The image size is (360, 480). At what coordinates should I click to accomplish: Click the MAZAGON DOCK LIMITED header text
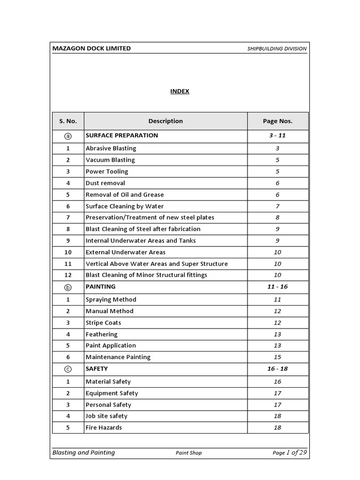click(x=91, y=48)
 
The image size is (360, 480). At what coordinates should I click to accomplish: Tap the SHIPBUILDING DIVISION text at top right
click(x=277, y=49)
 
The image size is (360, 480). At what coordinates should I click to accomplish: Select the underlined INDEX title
click(x=180, y=91)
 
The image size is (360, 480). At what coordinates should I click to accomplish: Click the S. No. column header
click(x=68, y=121)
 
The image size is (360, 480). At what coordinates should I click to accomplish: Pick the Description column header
click(x=165, y=121)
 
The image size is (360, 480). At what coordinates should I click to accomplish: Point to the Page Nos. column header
click(x=277, y=121)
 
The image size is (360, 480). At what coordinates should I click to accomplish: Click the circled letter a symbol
click(x=68, y=136)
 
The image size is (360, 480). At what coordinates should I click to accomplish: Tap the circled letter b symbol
click(x=68, y=287)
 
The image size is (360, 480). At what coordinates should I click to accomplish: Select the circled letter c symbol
click(x=68, y=369)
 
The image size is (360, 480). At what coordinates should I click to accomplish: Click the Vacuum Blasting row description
click(x=110, y=160)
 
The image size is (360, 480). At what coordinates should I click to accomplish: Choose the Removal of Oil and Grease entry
click(x=125, y=195)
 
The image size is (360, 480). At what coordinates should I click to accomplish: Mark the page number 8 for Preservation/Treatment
click(x=277, y=217)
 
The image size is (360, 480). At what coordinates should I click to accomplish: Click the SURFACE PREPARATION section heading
click(x=122, y=135)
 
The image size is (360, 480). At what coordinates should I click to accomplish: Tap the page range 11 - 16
click(x=277, y=286)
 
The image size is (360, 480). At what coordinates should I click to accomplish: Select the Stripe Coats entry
click(x=103, y=322)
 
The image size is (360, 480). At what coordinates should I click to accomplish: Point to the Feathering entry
click(x=102, y=334)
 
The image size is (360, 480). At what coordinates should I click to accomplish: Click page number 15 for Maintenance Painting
click(x=277, y=357)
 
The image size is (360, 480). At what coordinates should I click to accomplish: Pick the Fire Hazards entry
click(x=104, y=427)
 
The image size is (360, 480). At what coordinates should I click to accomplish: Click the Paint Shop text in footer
click(x=189, y=453)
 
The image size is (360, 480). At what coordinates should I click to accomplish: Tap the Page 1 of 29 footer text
click(x=290, y=452)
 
